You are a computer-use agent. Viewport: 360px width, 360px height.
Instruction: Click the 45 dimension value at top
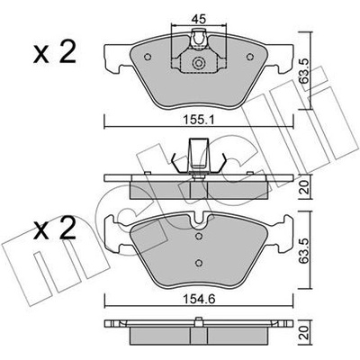(x=198, y=20)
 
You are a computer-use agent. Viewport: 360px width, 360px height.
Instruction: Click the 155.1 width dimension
(x=198, y=120)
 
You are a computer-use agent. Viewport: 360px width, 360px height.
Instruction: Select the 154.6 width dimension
(x=198, y=299)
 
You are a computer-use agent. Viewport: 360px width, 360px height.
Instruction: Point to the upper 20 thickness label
(x=305, y=188)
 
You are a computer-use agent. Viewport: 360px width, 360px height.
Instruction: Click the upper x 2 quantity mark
(x=54, y=52)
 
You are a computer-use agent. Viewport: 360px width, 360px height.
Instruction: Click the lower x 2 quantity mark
(x=54, y=228)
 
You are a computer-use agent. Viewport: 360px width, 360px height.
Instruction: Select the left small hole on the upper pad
(x=148, y=57)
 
